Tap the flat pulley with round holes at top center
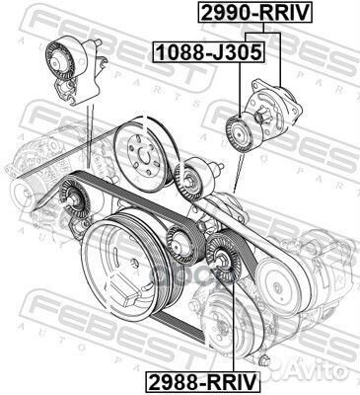click(139, 153)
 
